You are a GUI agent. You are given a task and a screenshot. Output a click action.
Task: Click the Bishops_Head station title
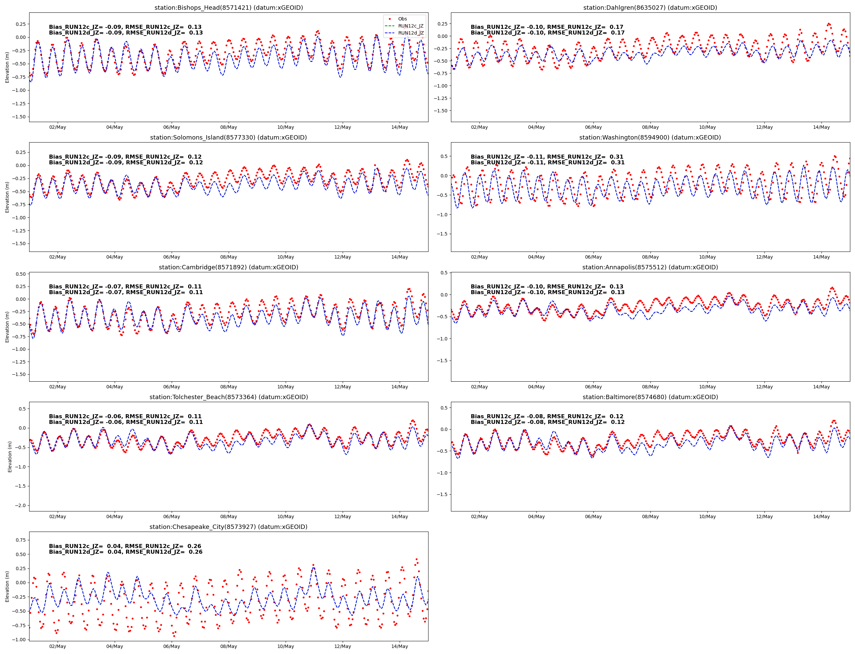228,8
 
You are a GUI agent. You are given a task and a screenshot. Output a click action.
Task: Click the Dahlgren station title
650,8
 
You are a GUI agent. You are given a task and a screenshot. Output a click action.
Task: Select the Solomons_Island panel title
228,138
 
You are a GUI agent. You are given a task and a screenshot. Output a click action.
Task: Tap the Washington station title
650,138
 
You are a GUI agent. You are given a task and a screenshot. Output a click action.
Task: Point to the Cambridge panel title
228,267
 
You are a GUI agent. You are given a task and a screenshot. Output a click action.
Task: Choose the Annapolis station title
650,267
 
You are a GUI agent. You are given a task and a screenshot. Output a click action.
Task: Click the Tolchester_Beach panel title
228,397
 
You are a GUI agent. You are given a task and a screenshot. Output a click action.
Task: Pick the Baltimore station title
650,397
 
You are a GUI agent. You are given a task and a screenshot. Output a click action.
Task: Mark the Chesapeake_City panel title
228,527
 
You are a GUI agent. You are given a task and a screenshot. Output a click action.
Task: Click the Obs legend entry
402,19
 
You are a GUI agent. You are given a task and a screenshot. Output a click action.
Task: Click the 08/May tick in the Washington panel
650,257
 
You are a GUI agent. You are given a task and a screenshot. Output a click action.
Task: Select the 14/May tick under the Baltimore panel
821,516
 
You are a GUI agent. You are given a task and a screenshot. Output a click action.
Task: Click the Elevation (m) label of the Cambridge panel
7,327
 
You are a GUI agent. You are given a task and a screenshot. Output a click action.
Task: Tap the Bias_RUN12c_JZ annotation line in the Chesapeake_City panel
125,546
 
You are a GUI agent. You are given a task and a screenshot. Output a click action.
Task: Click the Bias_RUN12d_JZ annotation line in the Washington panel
547,163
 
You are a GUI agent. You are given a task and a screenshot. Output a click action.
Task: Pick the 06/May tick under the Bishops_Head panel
171,127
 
